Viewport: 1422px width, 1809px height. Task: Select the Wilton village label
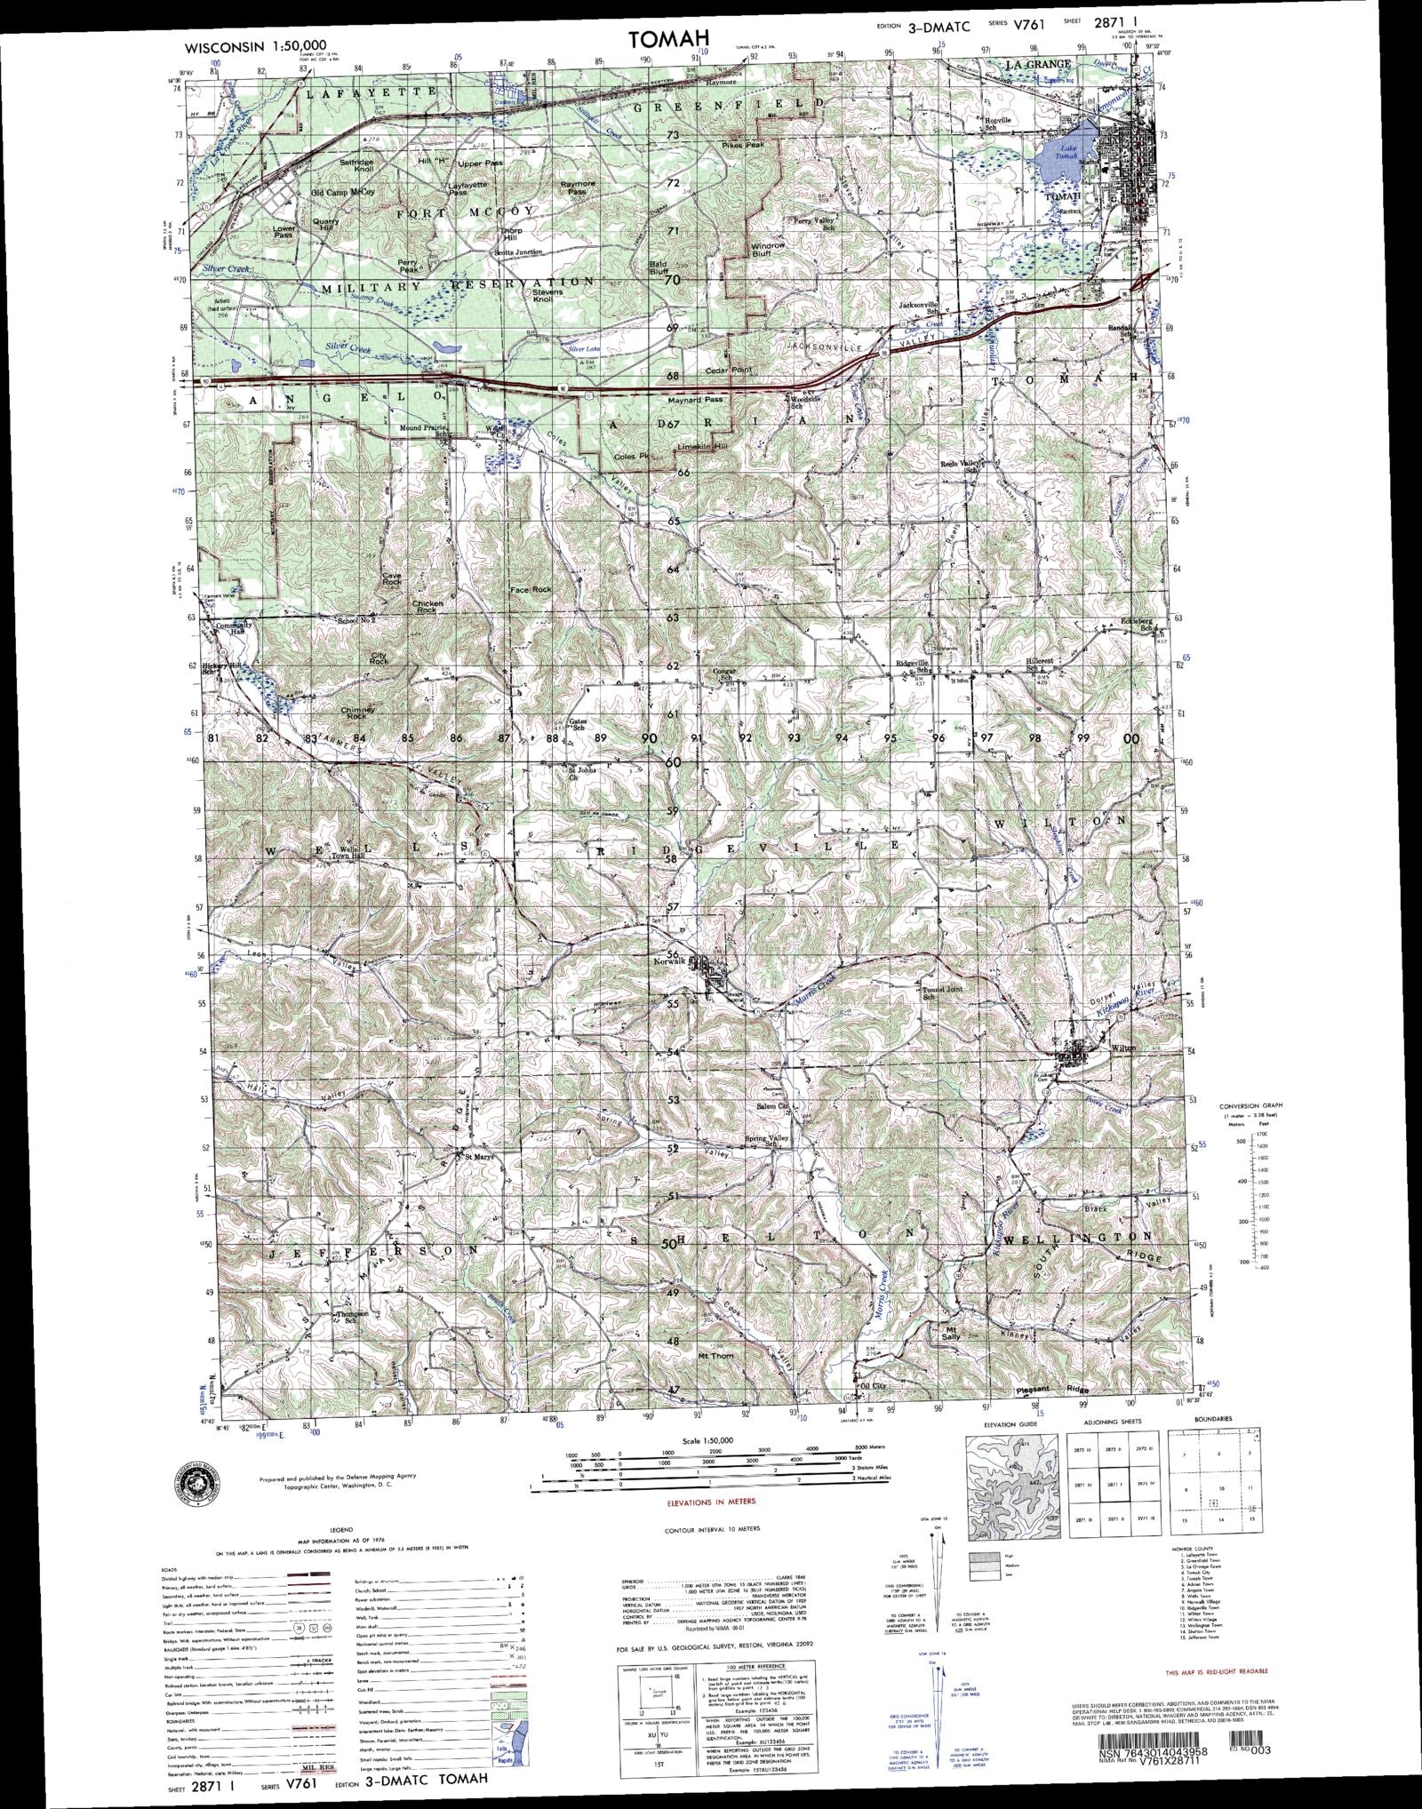pyautogui.click(x=1123, y=1048)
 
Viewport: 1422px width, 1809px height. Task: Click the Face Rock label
pyautogui.click(x=531, y=589)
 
